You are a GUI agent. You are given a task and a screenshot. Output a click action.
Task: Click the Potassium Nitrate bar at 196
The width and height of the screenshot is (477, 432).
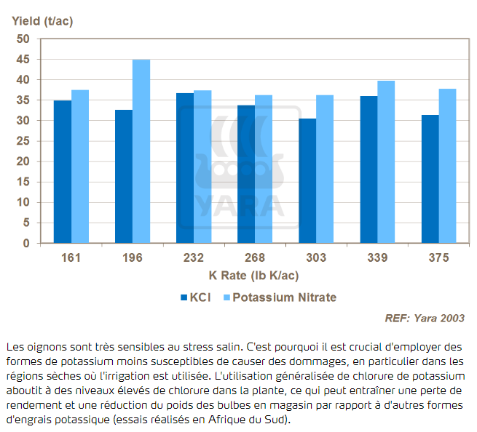[141, 151]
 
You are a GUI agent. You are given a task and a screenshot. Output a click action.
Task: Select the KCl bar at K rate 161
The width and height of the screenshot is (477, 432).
[63, 172]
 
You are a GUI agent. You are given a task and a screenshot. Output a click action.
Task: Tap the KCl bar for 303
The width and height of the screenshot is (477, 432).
[307, 180]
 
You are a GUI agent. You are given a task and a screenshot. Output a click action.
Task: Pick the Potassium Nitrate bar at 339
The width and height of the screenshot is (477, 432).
[386, 161]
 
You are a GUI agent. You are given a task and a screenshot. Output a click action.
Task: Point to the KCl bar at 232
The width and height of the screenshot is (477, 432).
[185, 168]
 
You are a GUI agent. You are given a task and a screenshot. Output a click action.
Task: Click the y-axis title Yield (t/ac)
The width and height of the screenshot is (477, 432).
[42, 20]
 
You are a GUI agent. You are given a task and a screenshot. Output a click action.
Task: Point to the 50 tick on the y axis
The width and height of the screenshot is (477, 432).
[24, 39]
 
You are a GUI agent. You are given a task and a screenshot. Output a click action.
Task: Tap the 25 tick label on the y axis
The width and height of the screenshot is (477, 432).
[24, 141]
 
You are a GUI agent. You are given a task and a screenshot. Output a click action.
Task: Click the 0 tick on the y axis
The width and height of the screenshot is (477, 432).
[27, 244]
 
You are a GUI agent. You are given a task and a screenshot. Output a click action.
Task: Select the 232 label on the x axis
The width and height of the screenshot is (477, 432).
[194, 258]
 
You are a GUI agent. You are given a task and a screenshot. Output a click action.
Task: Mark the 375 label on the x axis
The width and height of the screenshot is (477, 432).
[438, 258]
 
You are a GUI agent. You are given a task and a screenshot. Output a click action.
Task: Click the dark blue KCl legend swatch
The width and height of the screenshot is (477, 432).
[184, 297]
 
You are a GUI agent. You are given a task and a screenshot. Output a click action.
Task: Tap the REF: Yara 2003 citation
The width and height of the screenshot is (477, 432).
[424, 318]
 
